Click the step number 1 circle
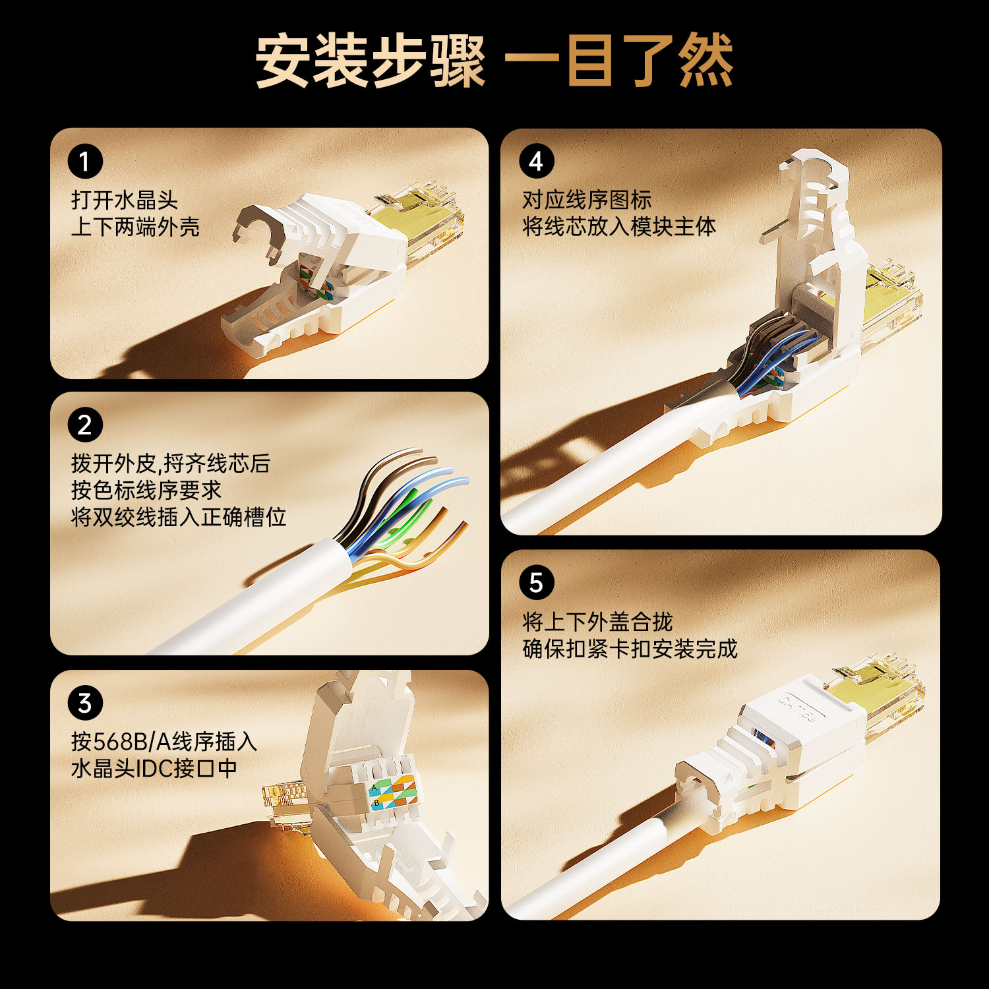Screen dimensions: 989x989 pos(85,162)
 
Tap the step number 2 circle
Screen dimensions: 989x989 pos(85,425)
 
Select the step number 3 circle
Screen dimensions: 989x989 pos(85,704)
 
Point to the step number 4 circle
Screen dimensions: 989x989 pos(536,162)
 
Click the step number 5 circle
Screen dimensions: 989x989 pos(536,583)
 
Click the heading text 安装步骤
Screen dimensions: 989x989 pos(371,61)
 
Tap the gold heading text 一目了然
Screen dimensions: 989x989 pos(619,61)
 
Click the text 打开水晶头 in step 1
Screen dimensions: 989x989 pos(125,200)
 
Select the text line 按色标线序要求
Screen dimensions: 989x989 pos(146,490)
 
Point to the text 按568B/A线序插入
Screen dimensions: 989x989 pos(164,742)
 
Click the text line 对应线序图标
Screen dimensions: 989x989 pos(587,200)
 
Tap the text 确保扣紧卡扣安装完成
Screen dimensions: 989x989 pos(630,649)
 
